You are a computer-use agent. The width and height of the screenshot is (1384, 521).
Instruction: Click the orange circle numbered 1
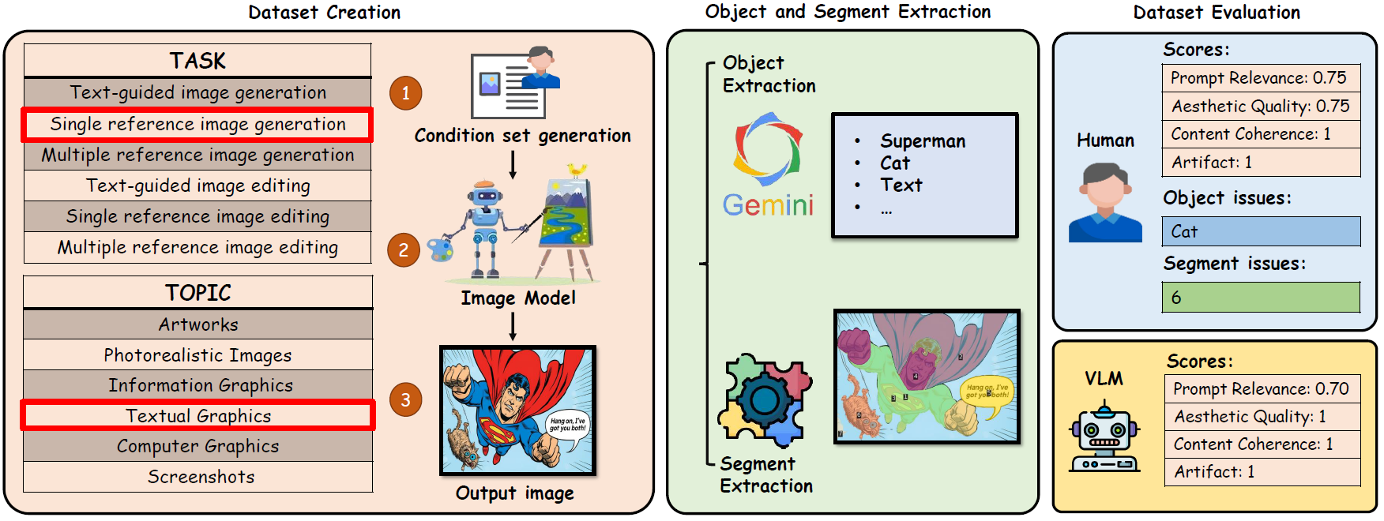(x=405, y=93)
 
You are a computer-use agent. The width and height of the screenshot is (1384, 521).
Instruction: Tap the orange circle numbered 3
(x=405, y=399)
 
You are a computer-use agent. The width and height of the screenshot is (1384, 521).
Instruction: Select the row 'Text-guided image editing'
(x=197, y=186)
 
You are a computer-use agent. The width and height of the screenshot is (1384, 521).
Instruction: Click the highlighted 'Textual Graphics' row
(x=197, y=415)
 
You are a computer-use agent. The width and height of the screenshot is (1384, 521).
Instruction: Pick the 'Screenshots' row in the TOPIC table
(x=197, y=477)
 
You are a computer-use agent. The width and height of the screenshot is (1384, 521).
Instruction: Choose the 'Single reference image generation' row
(x=197, y=125)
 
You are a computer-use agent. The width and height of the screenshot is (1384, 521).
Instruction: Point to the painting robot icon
(x=484, y=229)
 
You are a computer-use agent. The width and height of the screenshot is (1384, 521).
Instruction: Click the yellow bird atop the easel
(x=577, y=169)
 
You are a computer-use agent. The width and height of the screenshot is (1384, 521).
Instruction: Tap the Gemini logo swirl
(x=767, y=147)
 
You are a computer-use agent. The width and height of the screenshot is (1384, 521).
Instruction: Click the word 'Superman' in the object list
(x=923, y=141)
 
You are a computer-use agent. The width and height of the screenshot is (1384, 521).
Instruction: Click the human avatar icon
(x=1105, y=203)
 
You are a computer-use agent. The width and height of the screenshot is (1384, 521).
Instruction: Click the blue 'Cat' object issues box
(x=1261, y=231)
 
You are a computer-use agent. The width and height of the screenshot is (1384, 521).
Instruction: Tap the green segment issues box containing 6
(x=1261, y=298)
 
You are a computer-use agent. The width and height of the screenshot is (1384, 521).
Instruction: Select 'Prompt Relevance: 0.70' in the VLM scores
(x=1262, y=388)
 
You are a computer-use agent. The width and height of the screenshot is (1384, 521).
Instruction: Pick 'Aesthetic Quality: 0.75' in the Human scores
(x=1261, y=106)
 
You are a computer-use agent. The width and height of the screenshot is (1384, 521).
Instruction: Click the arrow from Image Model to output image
(x=513, y=326)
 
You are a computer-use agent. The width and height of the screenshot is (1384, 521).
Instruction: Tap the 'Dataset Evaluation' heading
(x=1217, y=12)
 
